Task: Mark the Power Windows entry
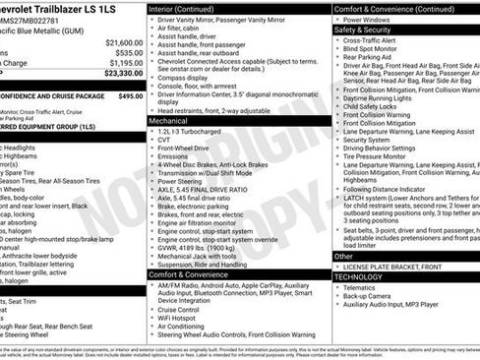(x=375, y=20)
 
